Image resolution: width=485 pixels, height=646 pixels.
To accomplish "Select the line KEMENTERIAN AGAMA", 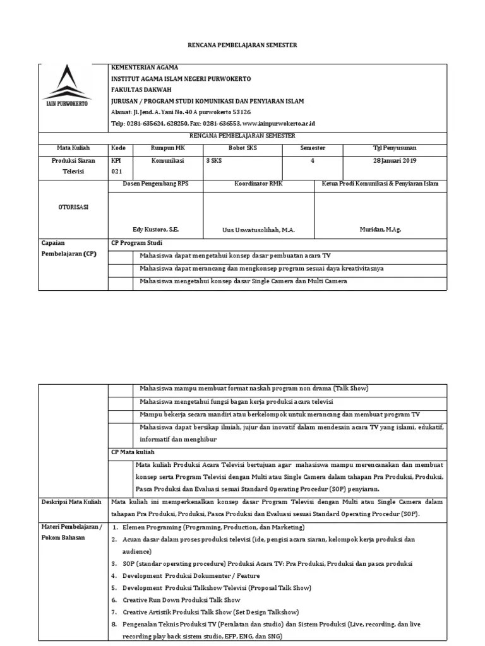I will click(x=145, y=68).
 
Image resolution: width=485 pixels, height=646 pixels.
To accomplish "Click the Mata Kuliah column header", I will click(x=73, y=148).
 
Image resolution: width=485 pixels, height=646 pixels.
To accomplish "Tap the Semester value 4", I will click(x=312, y=161).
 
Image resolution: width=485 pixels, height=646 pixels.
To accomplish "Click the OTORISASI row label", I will click(x=73, y=208).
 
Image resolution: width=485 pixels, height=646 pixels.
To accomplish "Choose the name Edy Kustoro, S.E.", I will click(x=156, y=230).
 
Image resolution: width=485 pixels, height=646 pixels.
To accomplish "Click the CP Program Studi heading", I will click(x=136, y=243).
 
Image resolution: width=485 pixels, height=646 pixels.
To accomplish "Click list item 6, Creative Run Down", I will click(x=181, y=599).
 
